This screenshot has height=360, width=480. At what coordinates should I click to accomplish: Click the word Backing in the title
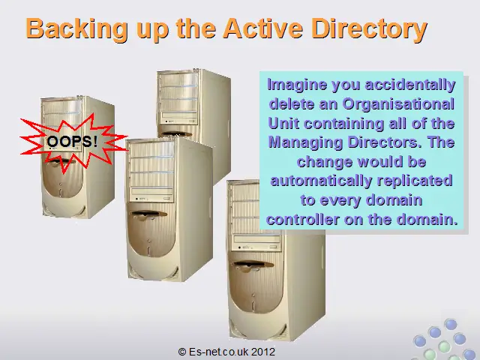point(76,29)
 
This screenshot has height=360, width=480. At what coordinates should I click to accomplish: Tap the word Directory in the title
point(369,28)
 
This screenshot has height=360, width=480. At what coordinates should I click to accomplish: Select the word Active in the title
point(263,28)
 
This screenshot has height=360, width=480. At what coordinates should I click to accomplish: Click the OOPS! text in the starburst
point(72,142)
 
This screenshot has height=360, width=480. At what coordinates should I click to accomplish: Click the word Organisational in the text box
point(398,103)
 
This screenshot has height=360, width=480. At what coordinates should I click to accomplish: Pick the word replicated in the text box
point(415,181)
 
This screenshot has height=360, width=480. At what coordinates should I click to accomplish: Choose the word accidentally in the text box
point(410,85)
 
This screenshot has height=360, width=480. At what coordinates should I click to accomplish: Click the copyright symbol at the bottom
point(182,352)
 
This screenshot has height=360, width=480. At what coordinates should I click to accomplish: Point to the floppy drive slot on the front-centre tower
point(148,214)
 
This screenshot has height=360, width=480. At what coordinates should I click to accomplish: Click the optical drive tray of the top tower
point(179,115)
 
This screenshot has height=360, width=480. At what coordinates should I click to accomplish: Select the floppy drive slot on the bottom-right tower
point(252,264)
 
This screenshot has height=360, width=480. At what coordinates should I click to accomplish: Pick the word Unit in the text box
point(283,123)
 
